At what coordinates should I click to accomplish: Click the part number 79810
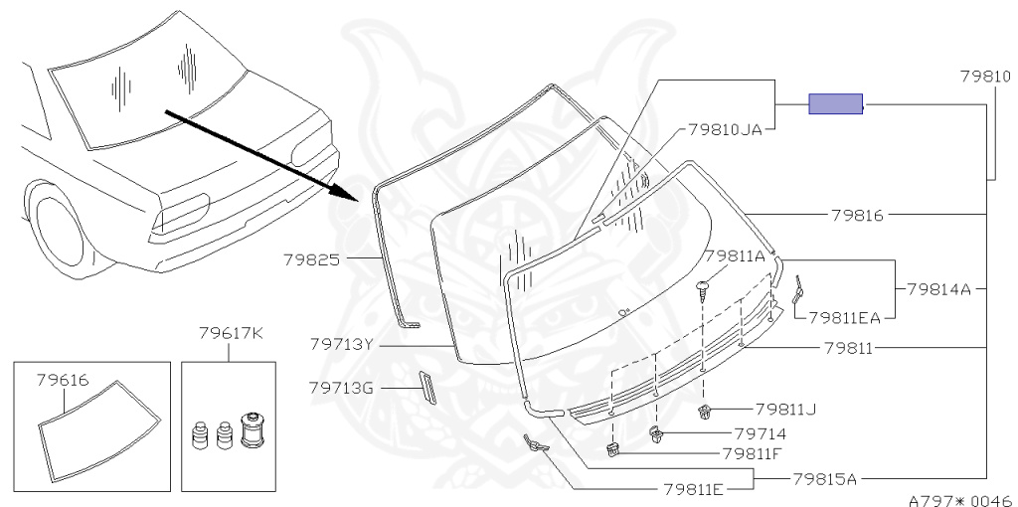(x=985, y=76)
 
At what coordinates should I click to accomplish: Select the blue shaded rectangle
(x=835, y=103)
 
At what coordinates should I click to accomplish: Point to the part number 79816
(x=858, y=214)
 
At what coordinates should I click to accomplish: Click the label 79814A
(x=937, y=289)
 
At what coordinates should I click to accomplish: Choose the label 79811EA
(x=845, y=317)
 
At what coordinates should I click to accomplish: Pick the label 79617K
(x=230, y=332)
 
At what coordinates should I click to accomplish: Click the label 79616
(x=63, y=380)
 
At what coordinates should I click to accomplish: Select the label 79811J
(x=785, y=409)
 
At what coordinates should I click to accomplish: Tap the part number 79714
(x=760, y=433)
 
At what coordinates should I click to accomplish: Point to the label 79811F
(x=752, y=453)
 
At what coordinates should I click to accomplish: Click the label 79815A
(x=824, y=478)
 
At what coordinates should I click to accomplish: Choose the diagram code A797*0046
(x=959, y=500)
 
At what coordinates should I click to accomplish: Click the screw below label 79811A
(x=704, y=289)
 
